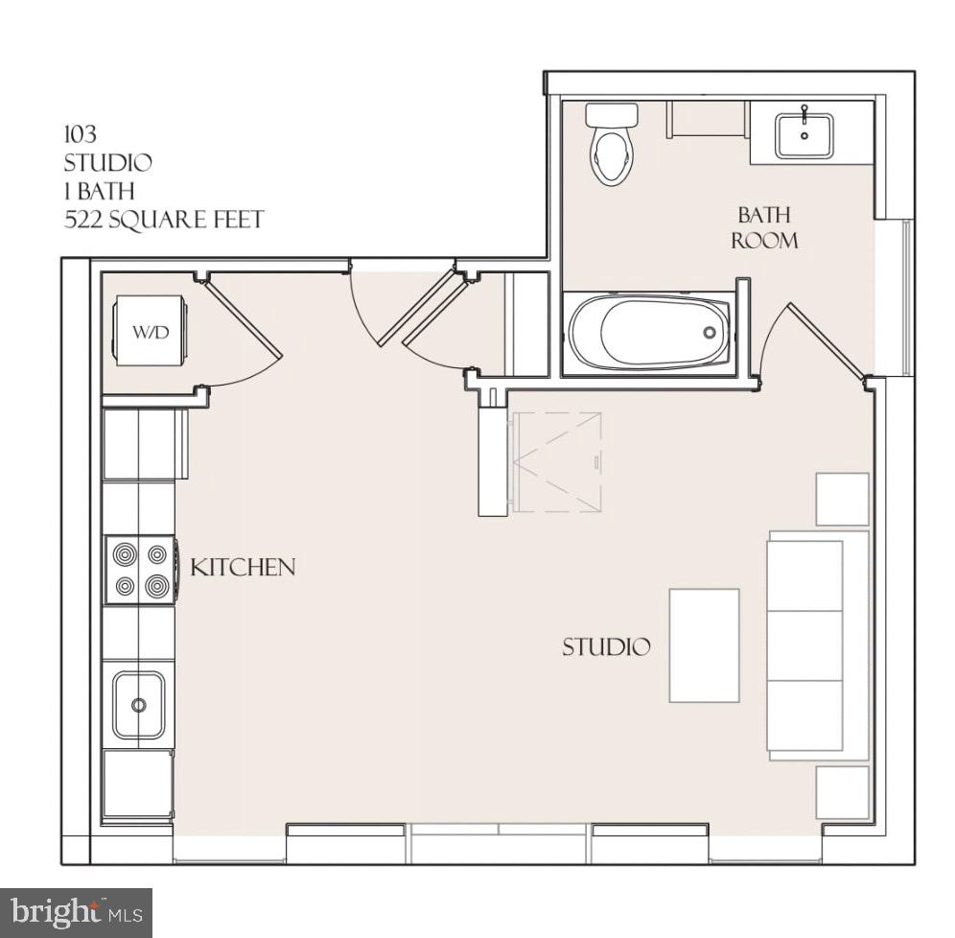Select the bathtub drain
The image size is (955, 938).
click(x=709, y=333)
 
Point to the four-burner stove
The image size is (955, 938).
click(x=140, y=570)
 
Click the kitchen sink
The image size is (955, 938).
click(x=139, y=705)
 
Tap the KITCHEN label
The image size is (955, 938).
click(x=243, y=567)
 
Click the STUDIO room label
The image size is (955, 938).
click(x=605, y=647)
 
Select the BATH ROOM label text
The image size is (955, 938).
click(x=764, y=227)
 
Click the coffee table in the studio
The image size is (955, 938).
click(x=704, y=645)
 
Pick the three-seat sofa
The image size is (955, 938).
click(x=816, y=645)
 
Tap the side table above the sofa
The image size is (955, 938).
click(x=842, y=499)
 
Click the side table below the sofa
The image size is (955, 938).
click(x=842, y=792)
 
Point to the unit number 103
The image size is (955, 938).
click(x=80, y=134)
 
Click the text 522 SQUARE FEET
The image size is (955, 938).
click(x=163, y=220)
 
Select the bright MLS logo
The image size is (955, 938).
click(x=76, y=911)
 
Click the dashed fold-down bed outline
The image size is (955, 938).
click(x=557, y=462)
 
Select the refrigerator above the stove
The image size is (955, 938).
click(x=144, y=443)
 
